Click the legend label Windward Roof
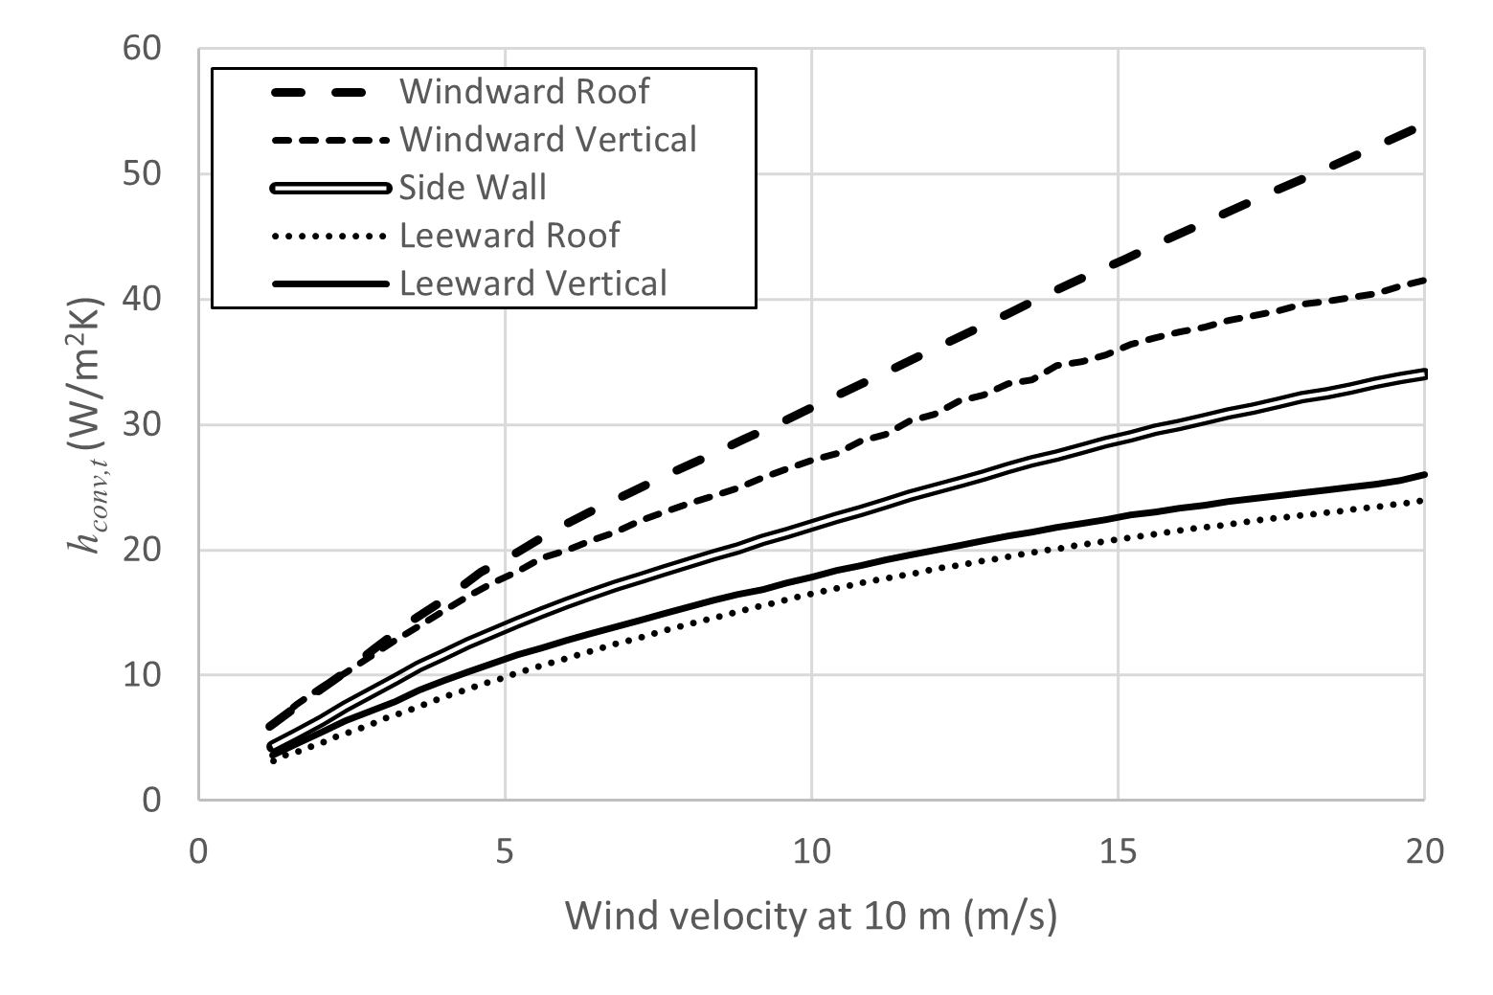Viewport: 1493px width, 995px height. pyautogui.click(x=524, y=92)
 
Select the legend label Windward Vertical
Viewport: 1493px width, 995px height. pyautogui.click(x=548, y=140)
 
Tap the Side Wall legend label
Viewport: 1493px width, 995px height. pyautogui.click(x=472, y=188)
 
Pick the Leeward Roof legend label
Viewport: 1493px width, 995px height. pyautogui.click(x=509, y=236)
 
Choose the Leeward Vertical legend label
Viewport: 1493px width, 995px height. pyautogui.click(x=533, y=283)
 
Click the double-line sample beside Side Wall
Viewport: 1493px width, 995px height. pyautogui.click(x=331, y=188)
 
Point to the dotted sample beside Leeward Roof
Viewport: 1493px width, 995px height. pyautogui.click(x=331, y=236)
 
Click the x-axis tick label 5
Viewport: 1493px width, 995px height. pyautogui.click(x=505, y=851)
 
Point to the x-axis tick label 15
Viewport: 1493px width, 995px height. pyautogui.click(x=1118, y=851)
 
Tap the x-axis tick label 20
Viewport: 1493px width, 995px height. pyautogui.click(x=1424, y=851)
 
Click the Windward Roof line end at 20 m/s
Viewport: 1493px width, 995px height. pyautogui.click(x=1423, y=126)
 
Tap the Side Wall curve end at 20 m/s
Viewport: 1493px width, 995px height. pyautogui.click(x=1424, y=373)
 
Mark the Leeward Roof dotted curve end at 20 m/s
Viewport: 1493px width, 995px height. pyautogui.click(x=1424, y=501)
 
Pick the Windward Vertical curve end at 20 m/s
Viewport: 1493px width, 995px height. pyautogui.click(x=1424, y=281)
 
